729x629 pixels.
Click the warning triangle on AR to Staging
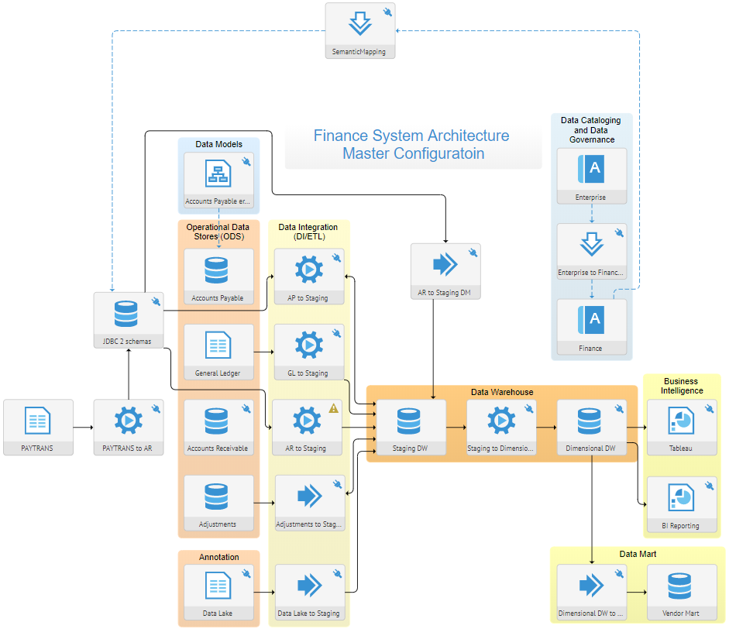point(334,408)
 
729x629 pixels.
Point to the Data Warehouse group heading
point(501,392)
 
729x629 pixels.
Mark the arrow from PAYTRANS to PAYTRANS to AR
point(83,427)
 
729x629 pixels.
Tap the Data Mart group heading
point(638,554)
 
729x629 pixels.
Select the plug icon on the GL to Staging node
point(336,333)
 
